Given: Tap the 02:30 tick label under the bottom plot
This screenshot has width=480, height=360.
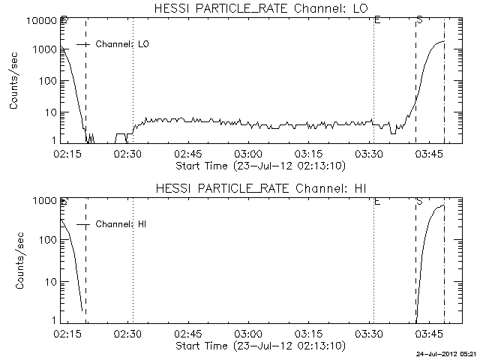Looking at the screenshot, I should (x=127, y=334).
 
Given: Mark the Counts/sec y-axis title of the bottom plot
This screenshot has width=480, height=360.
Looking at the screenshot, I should (x=14, y=260).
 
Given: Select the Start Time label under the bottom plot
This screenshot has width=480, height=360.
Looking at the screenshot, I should (x=259, y=346).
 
